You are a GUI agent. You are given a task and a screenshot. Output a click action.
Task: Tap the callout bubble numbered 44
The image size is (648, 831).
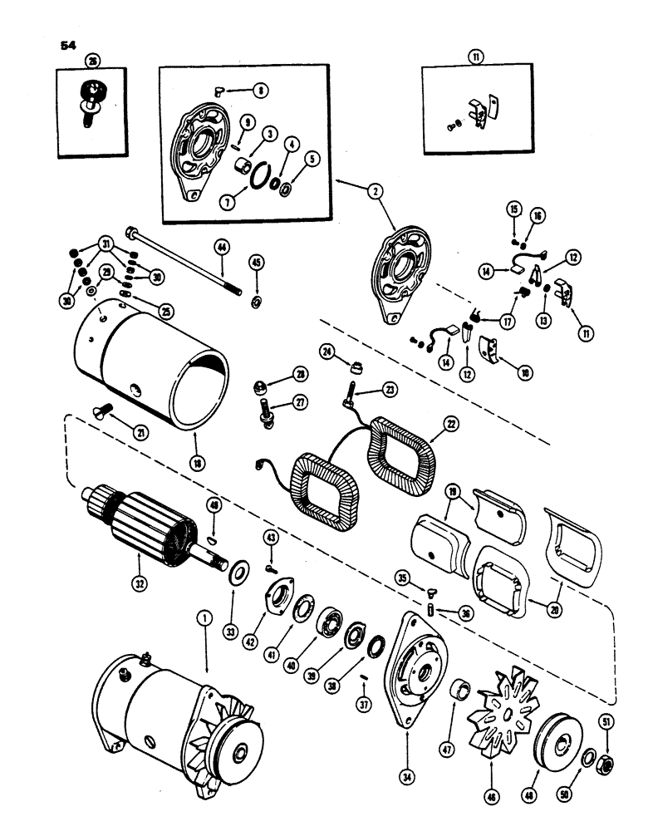(222, 247)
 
